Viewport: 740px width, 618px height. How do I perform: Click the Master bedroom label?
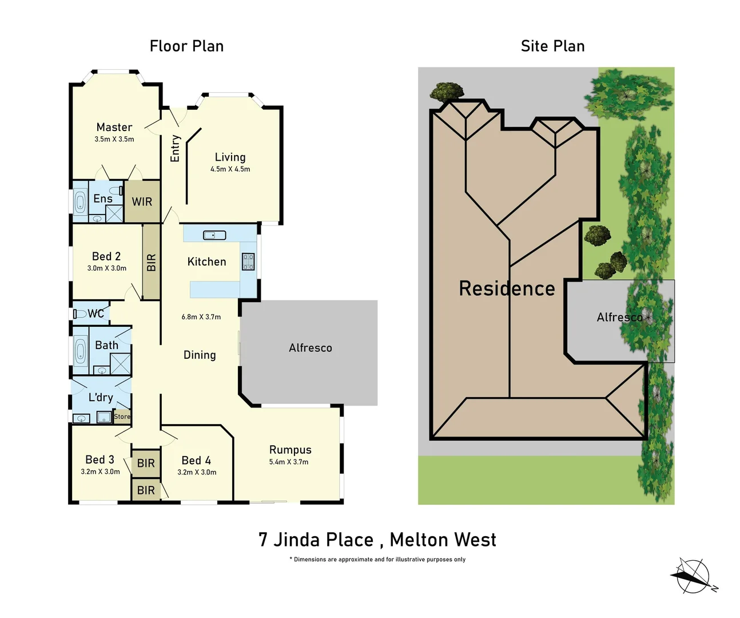(x=114, y=127)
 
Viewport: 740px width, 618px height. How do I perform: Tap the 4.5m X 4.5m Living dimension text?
(x=230, y=169)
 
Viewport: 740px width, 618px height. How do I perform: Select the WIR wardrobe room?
(x=142, y=202)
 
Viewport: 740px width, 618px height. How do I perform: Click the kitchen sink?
(x=214, y=235)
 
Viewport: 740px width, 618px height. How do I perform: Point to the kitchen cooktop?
(x=248, y=262)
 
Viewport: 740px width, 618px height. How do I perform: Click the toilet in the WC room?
(x=79, y=314)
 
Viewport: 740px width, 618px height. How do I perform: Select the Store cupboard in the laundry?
(x=122, y=417)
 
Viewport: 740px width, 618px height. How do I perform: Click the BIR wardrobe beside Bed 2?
(x=151, y=262)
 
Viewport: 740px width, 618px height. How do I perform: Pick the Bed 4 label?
(x=196, y=461)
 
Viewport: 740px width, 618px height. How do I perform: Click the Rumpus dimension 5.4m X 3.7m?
(x=289, y=462)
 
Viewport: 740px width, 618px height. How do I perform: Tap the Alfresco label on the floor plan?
(x=310, y=348)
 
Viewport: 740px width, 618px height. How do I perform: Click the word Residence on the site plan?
(x=507, y=288)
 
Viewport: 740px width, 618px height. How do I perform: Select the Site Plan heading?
(x=552, y=46)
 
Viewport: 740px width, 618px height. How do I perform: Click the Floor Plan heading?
(x=186, y=46)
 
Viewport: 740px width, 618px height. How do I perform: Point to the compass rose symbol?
(x=693, y=576)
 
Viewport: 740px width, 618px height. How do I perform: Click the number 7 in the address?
(x=262, y=540)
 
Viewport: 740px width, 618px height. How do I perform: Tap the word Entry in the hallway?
(x=175, y=148)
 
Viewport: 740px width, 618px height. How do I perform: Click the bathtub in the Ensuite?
(x=80, y=201)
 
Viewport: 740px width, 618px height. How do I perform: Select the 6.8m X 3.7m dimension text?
(x=201, y=317)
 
